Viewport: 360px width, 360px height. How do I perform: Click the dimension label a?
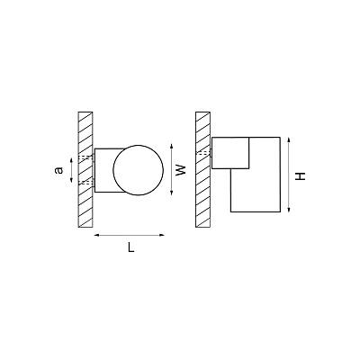tap(59, 170)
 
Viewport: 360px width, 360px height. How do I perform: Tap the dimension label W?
tap(181, 170)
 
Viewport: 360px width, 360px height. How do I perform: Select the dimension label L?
tap(130, 247)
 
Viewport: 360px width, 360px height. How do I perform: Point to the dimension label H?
tap(300, 175)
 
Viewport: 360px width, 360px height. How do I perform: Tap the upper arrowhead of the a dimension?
tap(71, 160)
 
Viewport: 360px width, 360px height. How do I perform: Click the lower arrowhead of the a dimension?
tap(71, 180)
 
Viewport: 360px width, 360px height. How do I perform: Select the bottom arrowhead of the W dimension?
tap(171, 193)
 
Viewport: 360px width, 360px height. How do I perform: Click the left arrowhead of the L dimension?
tap(96, 235)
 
